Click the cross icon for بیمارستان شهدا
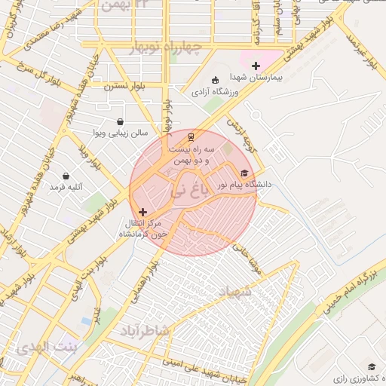pyautogui.click(x=256, y=66)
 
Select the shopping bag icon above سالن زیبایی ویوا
pyautogui.click(x=120, y=121)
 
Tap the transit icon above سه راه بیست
pyautogui.click(x=191, y=137)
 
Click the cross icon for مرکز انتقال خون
pyautogui.click(x=143, y=213)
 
